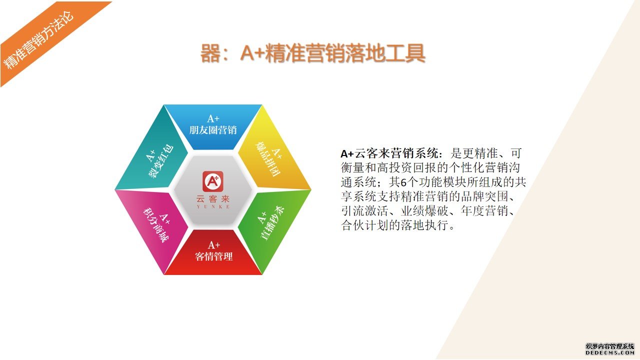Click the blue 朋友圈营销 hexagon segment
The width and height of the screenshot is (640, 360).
coord(213,125)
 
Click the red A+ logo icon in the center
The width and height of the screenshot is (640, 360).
coord(213,181)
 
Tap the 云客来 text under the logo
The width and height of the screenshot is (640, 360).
coord(213,199)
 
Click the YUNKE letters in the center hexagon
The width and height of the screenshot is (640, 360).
coord(213,207)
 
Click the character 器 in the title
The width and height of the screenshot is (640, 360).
coord(210,53)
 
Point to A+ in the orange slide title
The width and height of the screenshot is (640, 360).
coord(252,53)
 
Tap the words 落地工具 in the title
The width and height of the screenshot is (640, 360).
coord(385,53)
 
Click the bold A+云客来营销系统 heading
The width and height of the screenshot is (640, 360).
coord(390,153)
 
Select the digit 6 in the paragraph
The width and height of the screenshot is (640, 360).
coord(403,182)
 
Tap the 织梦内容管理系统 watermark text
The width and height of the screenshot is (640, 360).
coord(609,346)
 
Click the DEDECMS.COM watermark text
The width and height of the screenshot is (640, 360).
coord(609,353)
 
